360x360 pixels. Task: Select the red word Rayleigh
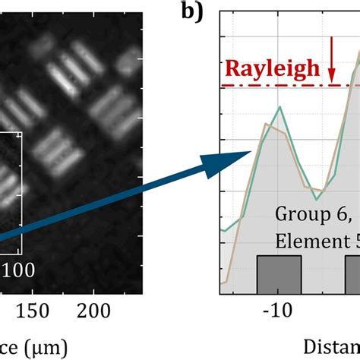[272, 70]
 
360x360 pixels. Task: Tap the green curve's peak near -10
[280, 107]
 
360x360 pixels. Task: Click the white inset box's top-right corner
[21, 134]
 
